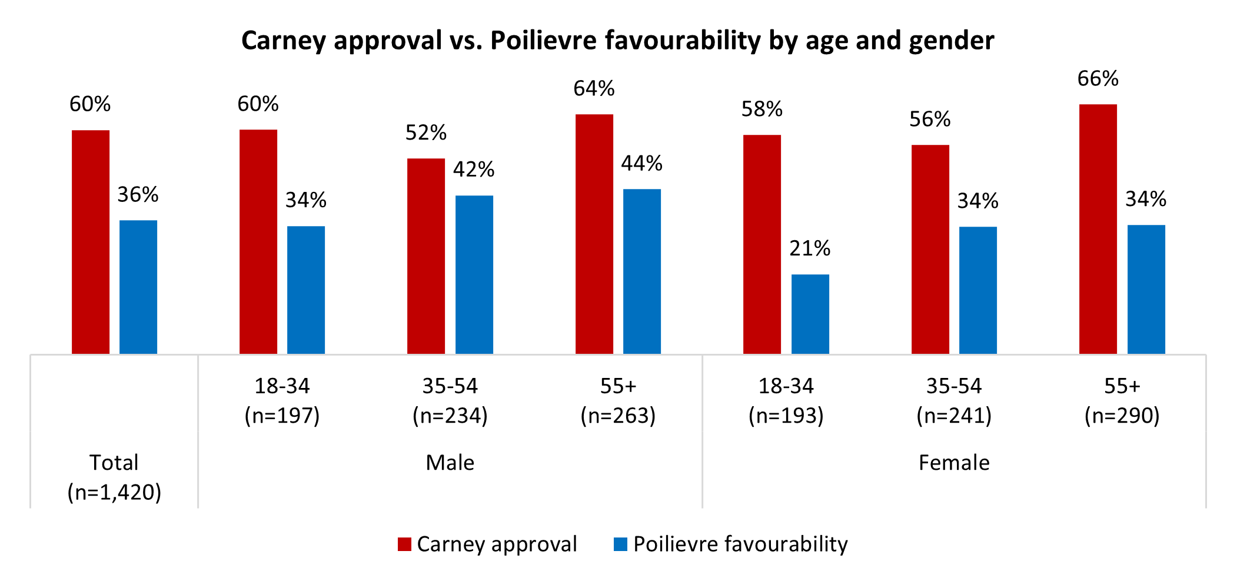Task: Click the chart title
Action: [x=617, y=41]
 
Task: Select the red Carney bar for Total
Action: [x=91, y=241]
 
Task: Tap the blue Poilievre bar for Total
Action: [x=138, y=287]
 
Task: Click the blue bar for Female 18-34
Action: [x=810, y=314]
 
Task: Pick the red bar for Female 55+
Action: [x=1098, y=229]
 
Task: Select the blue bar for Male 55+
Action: [x=641, y=271]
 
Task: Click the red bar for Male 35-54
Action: [x=426, y=256]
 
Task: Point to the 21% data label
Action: [x=810, y=248]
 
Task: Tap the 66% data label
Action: [x=1098, y=79]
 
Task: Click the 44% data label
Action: [x=641, y=163]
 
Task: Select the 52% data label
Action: [x=426, y=133]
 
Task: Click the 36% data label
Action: [x=138, y=195]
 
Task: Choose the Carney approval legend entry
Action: [x=488, y=544]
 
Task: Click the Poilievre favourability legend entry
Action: [x=730, y=544]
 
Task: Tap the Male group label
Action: [x=450, y=463]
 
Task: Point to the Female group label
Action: [x=954, y=463]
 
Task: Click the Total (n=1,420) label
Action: [x=114, y=477]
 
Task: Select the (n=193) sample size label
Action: [x=786, y=416]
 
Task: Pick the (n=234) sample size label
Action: [x=450, y=416]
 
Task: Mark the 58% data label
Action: [x=762, y=109]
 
